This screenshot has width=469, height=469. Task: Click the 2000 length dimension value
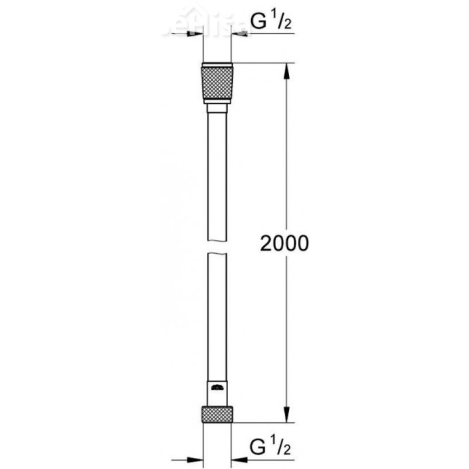pyautogui.click(x=284, y=243)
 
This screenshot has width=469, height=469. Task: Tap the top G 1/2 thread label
pyautogui.click(x=272, y=22)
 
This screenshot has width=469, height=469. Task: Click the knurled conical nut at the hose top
pyautogui.click(x=217, y=84)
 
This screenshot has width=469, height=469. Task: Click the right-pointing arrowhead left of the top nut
pyautogui.click(x=196, y=34)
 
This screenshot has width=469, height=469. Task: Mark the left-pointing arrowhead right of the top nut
pyautogui.click(x=239, y=34)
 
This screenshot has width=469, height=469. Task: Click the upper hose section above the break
pyautogui.click(x=217, y=176)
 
